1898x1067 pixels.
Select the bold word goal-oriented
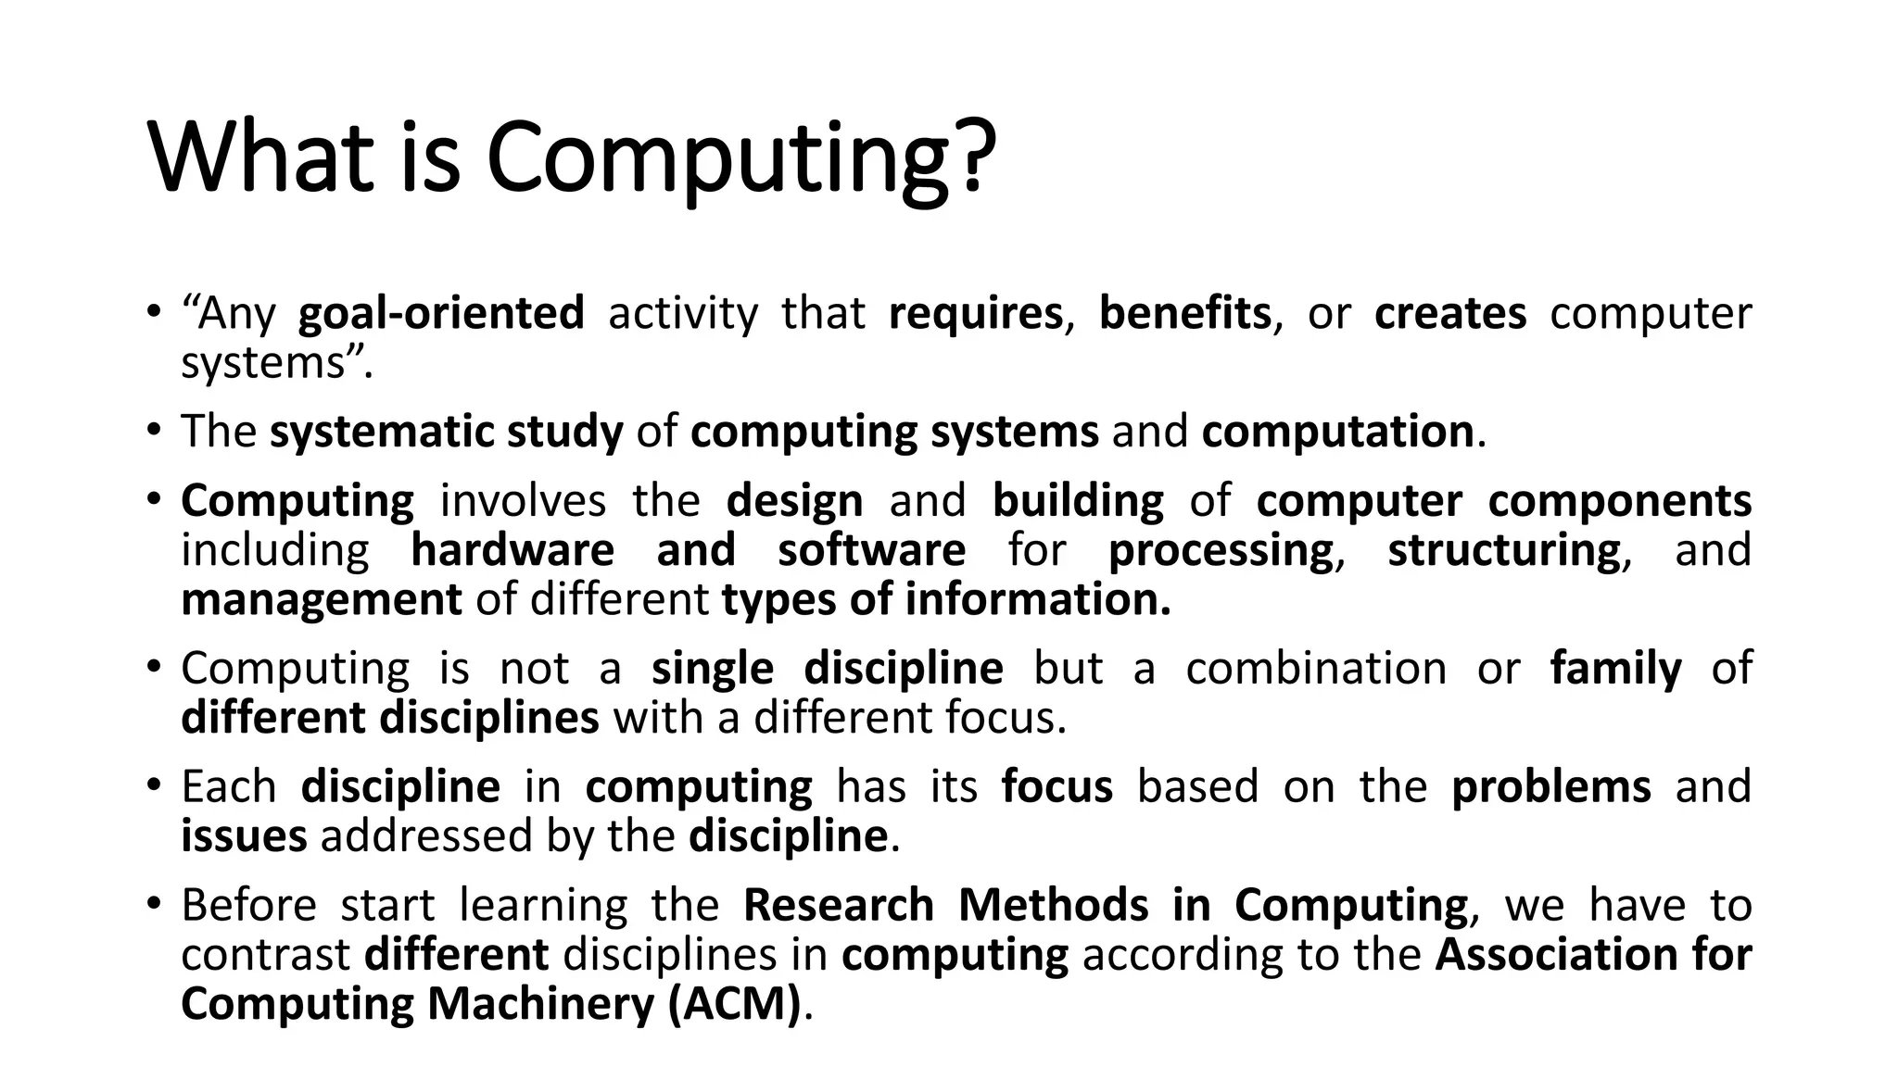pos(441,313)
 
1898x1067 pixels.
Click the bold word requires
pos(975,313)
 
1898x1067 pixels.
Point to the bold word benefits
pos(1184,313)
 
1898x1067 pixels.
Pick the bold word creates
pos(1450,313)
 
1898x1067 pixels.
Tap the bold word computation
pos(1337,432)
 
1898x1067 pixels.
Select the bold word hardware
pos(512,550)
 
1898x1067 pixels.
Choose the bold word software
pos(871,550)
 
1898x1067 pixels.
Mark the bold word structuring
pos(1504,550)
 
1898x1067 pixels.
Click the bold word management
pos(321,599)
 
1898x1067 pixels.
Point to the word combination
pos(1316,668)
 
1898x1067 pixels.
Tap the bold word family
pos(1615,668)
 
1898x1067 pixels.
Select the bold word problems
pos(1550,786)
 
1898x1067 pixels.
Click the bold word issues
pos(244,835)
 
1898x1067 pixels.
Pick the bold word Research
pos(838,905)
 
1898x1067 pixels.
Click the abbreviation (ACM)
pos(734,1004)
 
